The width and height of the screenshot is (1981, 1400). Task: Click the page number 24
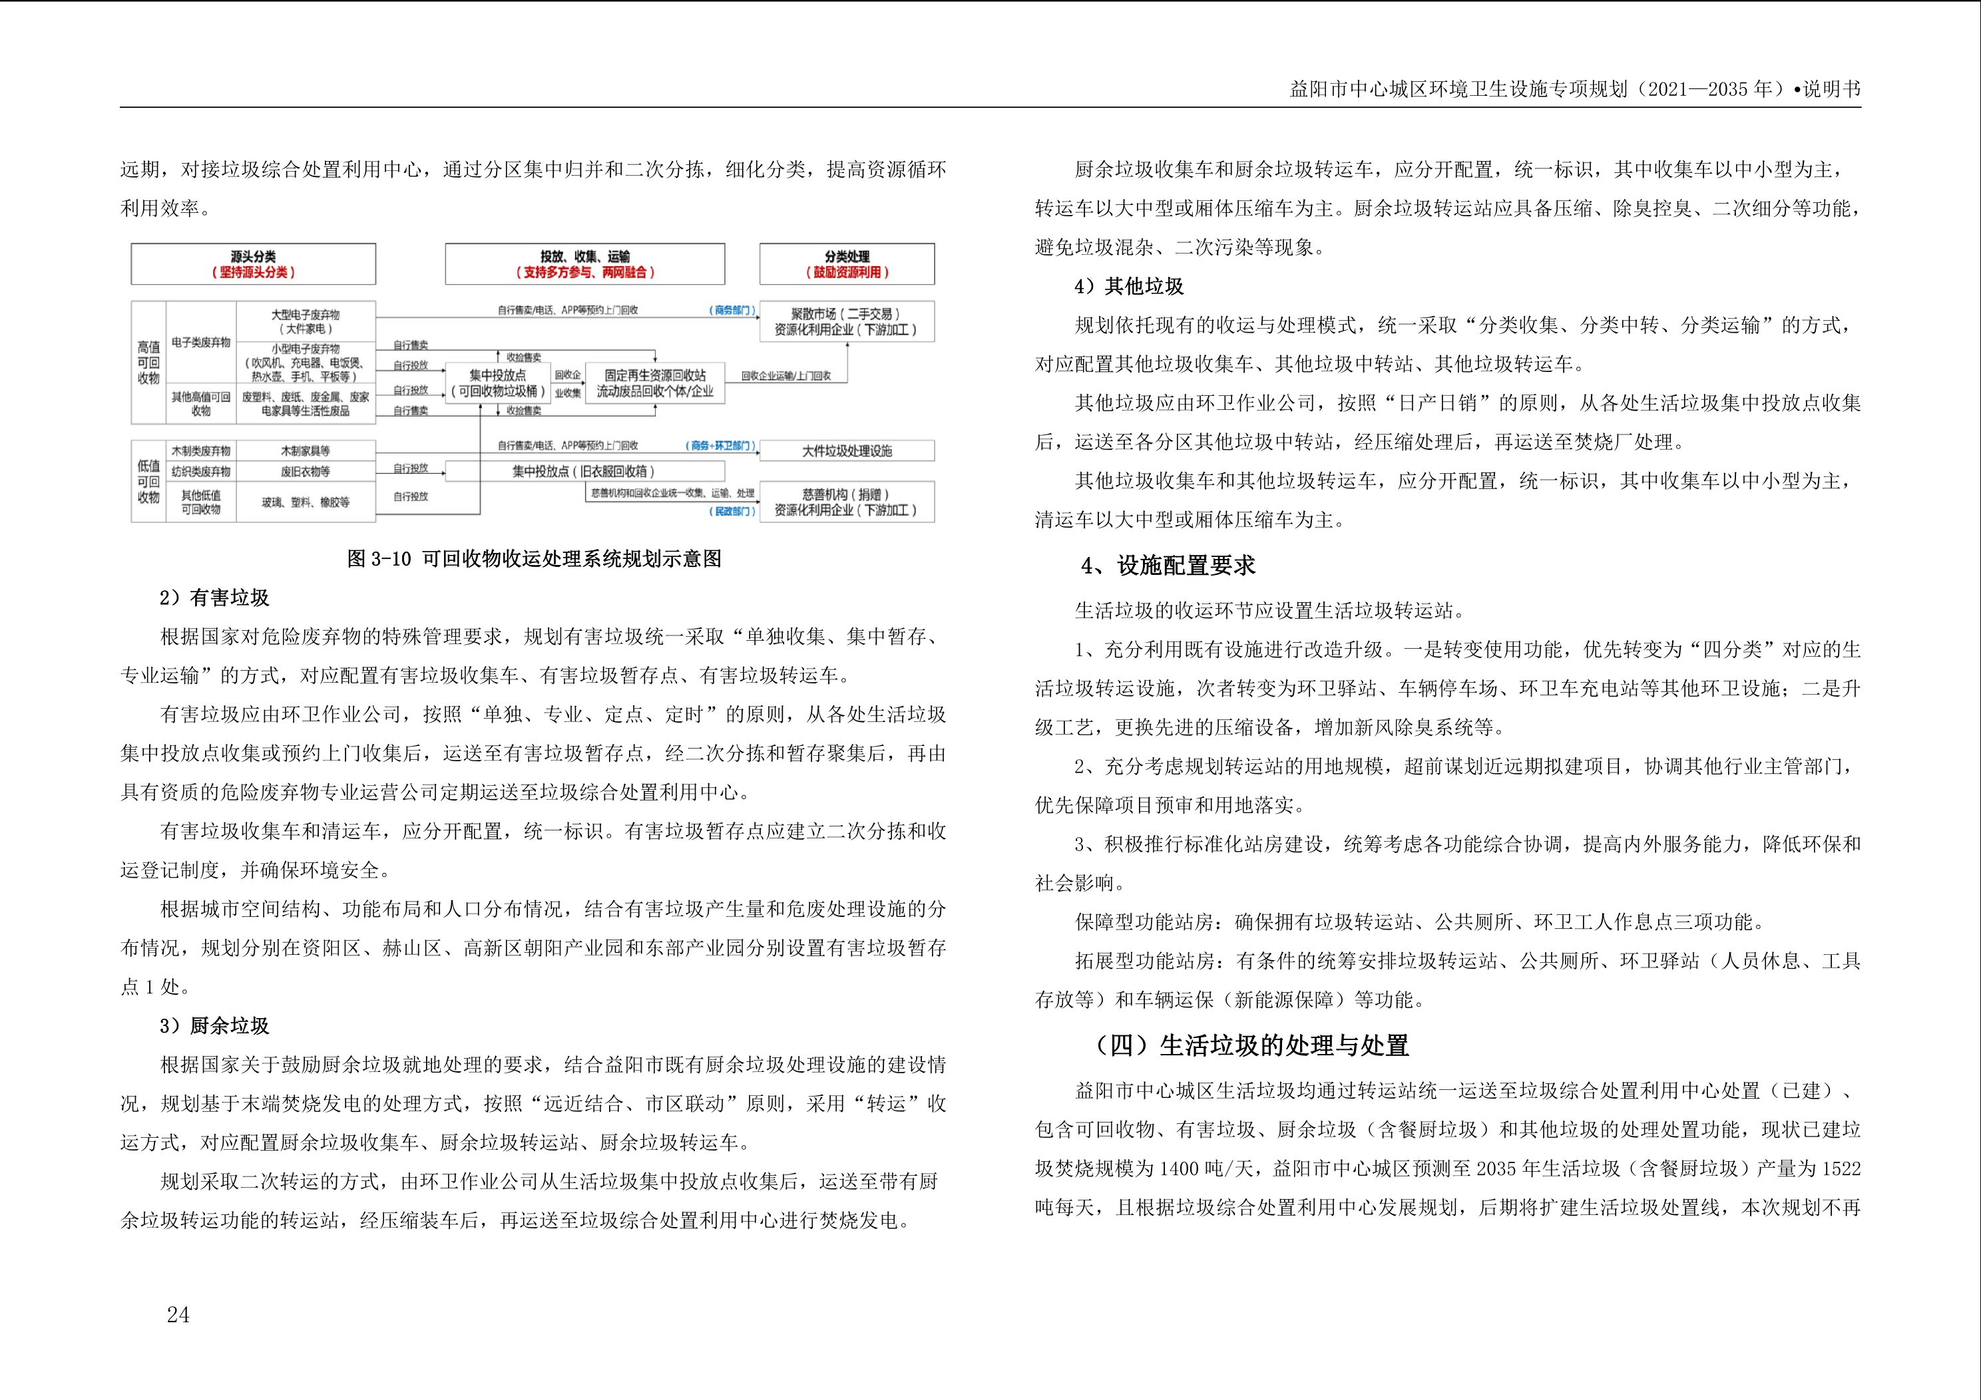(x=178, y=1315)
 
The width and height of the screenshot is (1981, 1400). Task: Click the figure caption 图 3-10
(x=533, y=559)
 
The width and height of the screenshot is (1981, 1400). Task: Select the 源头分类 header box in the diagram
(x=253, y=263)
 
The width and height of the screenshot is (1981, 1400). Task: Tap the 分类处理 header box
(x=847, y=263)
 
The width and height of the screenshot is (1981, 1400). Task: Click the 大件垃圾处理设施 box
(x=847, y=451)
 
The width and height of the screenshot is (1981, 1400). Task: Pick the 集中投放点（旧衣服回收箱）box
(x=584, y=471)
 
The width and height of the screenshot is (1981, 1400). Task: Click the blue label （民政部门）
(x=732, y=512)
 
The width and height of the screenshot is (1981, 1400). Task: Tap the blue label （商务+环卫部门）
(x=722, y=446)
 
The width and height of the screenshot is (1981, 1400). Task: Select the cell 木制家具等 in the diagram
(x=306, y=451)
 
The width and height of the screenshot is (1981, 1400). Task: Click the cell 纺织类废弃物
(x=201, y=472)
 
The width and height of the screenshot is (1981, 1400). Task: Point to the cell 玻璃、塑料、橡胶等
(x=306, y=502)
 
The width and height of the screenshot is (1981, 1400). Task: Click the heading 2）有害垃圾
(x=214, y=598)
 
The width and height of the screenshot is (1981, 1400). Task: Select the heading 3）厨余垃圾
(x=214, y=1025)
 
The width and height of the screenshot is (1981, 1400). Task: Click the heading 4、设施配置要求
(x=1168, y=566)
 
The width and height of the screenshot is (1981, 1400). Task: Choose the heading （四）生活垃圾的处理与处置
(x=1250, y=1045)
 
